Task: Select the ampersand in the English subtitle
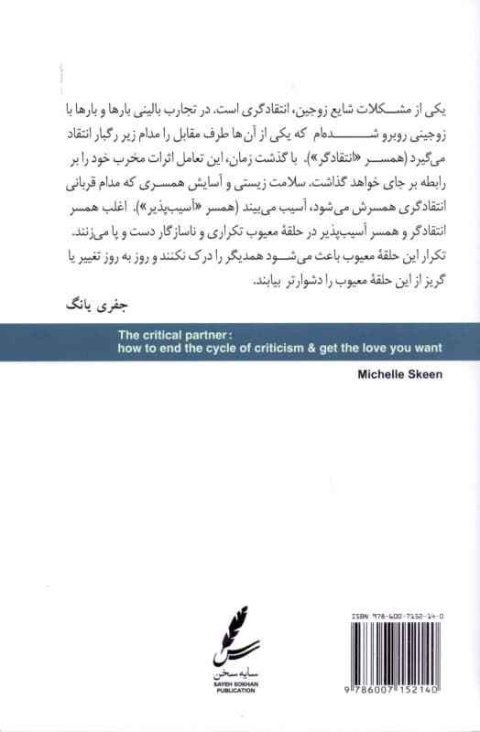(289, 348)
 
